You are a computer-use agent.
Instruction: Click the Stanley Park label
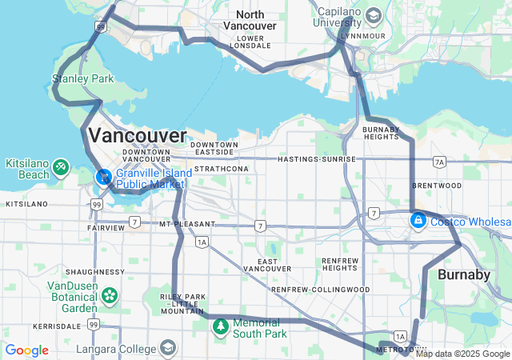(x=82, y=79)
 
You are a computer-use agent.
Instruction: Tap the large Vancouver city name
(x=138, y=134)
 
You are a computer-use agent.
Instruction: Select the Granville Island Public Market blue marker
(x=103, y=176)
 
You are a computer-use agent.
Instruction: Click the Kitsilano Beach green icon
(x=62, y=167)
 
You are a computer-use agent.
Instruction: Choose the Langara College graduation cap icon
(x=168, y=348)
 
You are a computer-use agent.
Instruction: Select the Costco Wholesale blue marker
(x=417, y=220)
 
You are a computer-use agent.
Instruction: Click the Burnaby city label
(x=464, y=275)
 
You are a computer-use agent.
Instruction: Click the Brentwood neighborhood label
(x=436, y=185)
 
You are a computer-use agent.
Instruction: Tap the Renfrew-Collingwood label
(x=320, y=289)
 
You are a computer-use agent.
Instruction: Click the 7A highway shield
(x=438, y=162)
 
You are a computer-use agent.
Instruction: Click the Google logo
(x=26, y=350)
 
